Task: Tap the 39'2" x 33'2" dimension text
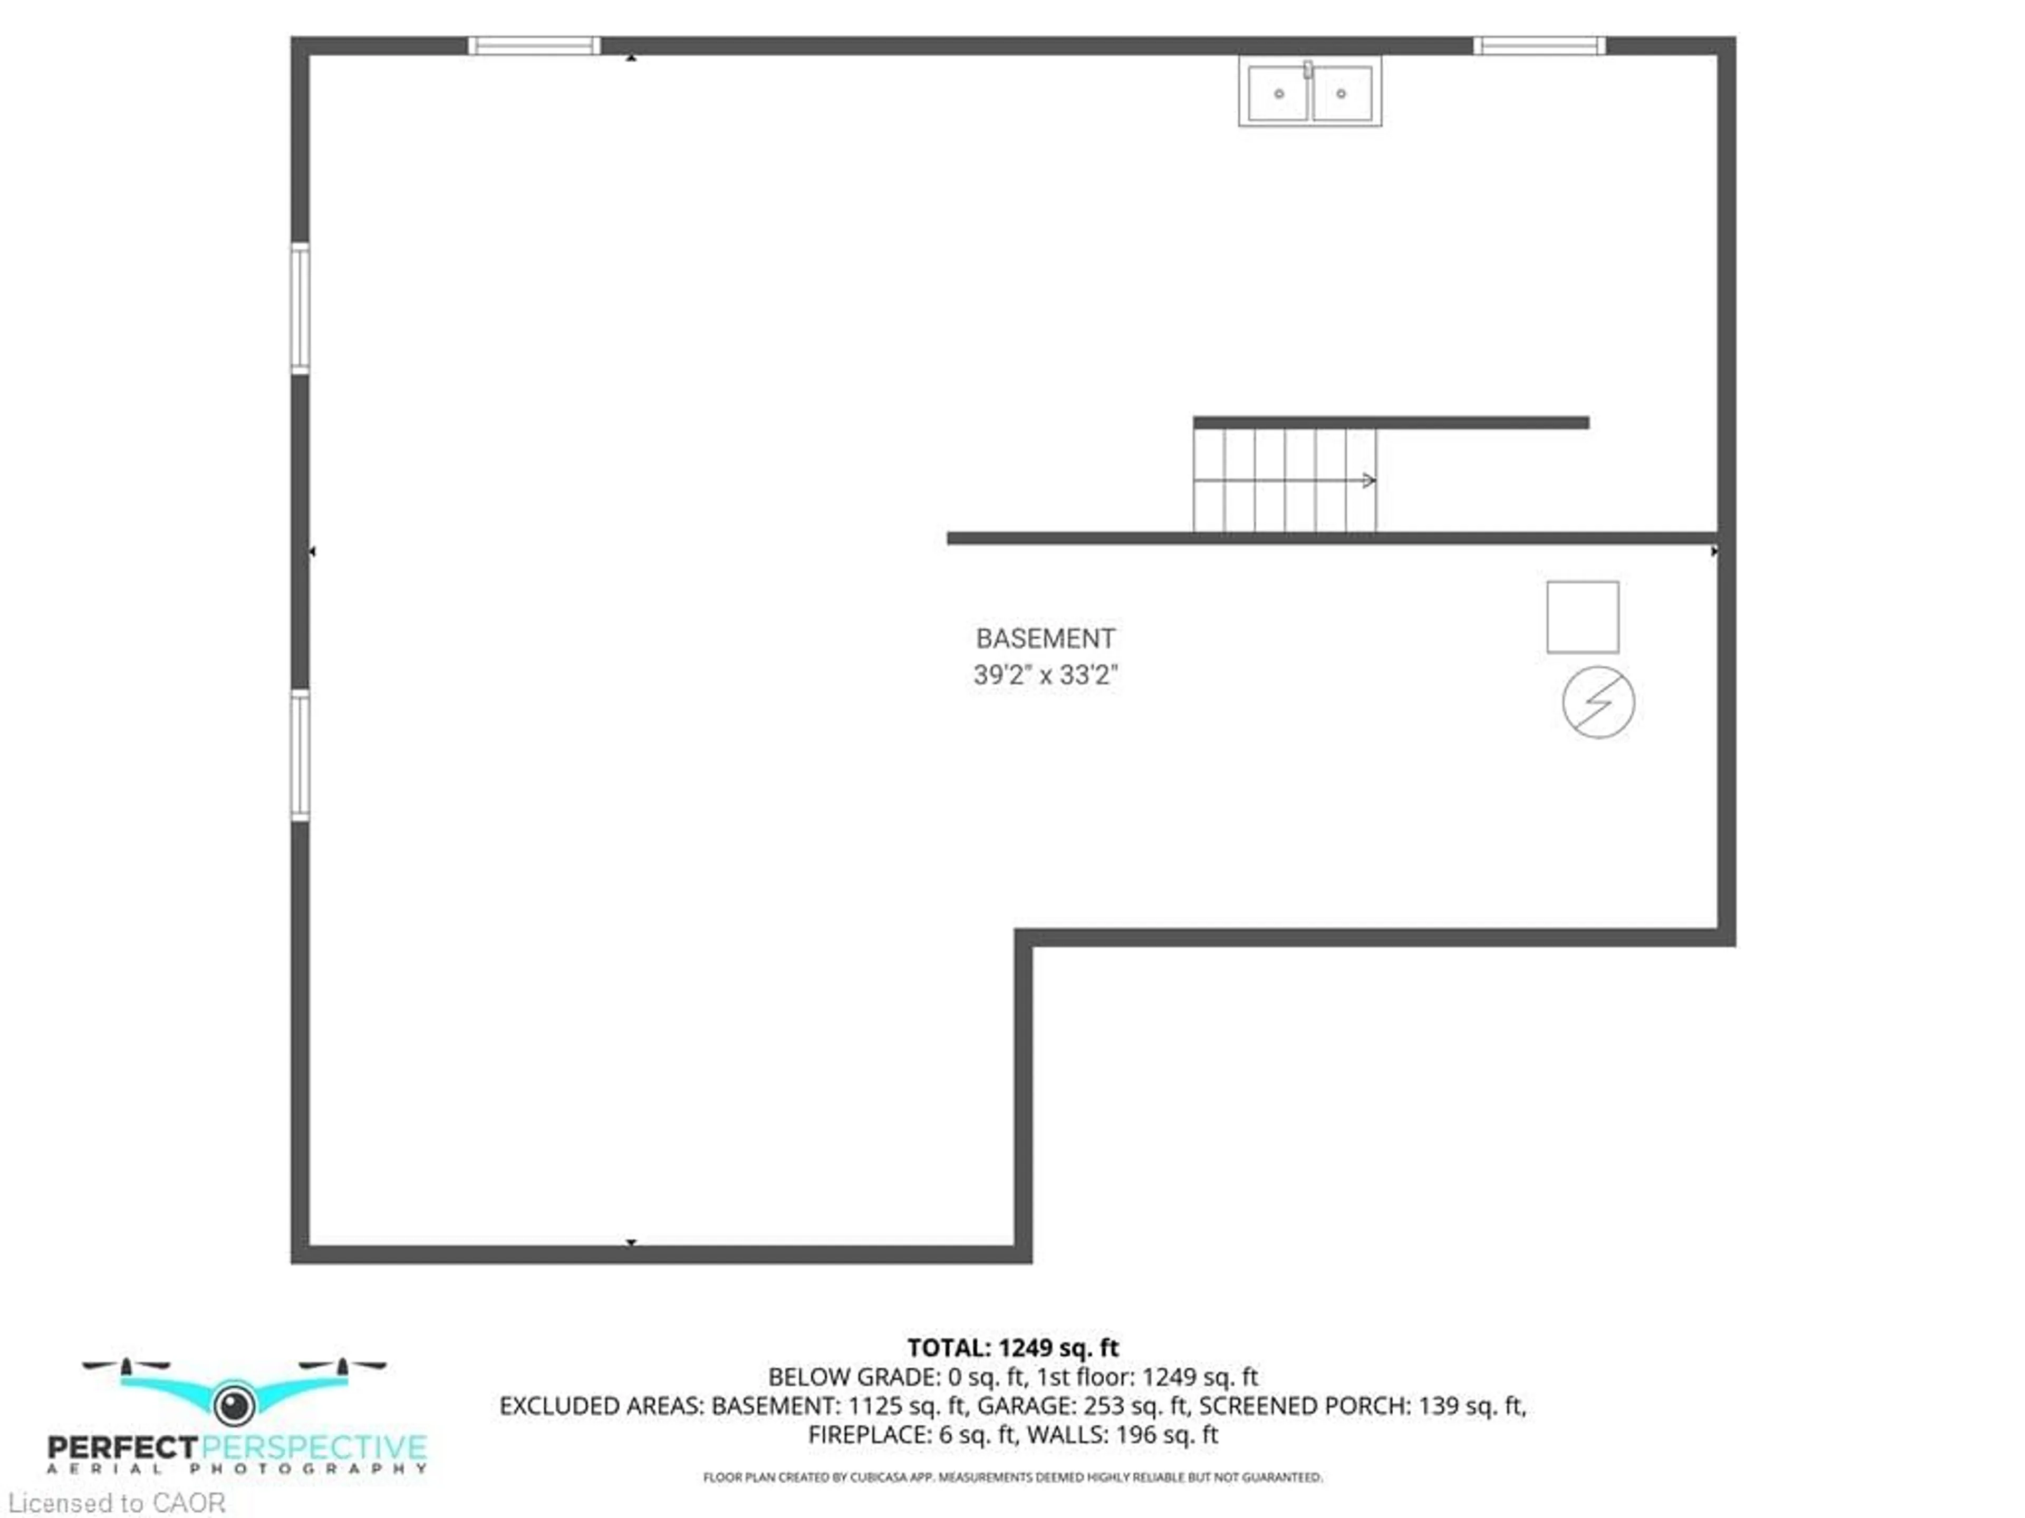point(1045,675)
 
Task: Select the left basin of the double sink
point(1278,92)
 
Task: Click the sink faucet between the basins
point(1308,70)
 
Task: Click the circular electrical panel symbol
point(1598,702)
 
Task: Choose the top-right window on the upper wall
point(1539,46)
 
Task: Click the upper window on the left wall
point(300,308)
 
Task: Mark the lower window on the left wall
point(300,755)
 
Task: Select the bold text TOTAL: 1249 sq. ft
point(1012,1348)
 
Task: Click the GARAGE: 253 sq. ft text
point(1083,1405)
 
